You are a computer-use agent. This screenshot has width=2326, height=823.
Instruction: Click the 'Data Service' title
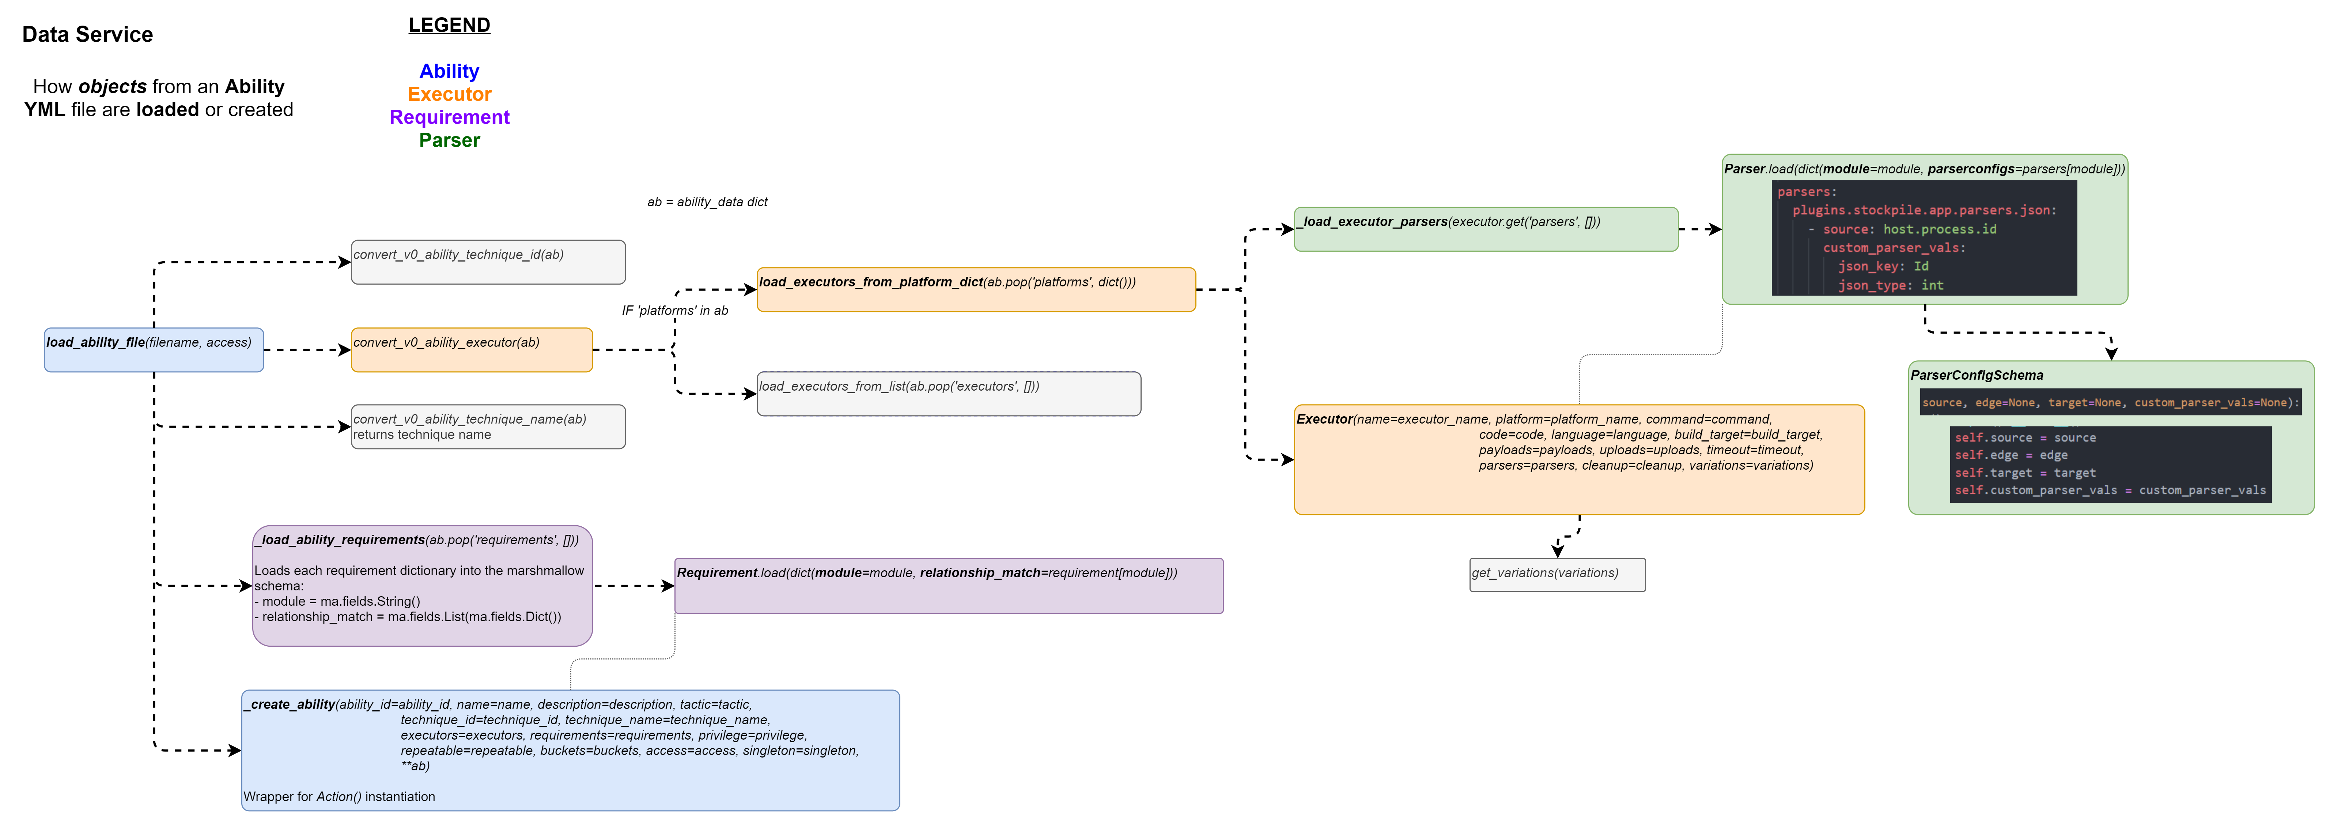pyautogui.click(x=88, y=34)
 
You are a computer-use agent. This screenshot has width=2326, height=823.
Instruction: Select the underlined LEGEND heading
pyautogui.click(x=449, y=25)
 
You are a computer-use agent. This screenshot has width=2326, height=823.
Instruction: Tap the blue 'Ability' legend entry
pyautogui.click(x=449, y=71)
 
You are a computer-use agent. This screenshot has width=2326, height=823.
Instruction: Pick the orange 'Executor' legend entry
pyautogui.click(x=449, y=94)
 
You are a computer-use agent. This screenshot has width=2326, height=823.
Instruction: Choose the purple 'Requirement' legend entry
pyautogui.click(x=449, y=117)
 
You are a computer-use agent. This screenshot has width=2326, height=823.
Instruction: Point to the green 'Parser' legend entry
pyautogui.click(x=449, y=140)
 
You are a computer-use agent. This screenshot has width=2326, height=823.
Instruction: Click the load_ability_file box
pyautogui.click(x=154, y=350)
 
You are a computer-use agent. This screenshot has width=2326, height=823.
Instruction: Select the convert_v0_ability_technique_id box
pyautogui.click(x=488, y=262)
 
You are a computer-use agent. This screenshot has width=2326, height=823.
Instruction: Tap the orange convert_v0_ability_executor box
pyautogui.click(x=471, y=350)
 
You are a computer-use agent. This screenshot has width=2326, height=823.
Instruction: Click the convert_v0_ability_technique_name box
pyautogui.click(x=488, y=426)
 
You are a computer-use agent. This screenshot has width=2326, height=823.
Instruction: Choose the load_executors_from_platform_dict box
pyautogui.click(x=975, y=289)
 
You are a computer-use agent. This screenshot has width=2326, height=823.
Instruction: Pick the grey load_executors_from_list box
pyautogui.click(x=948, y=394)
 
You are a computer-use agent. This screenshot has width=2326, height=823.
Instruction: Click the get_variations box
pyautogui.click(x=1557, y=575)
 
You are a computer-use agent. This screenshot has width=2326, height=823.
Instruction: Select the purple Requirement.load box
pyautogui.click(x=948, y=585)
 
